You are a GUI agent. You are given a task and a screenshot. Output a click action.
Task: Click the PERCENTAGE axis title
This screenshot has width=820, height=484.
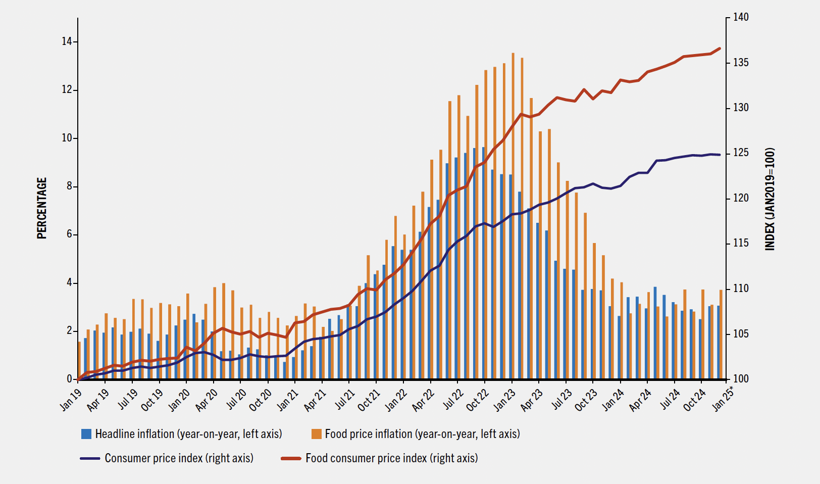tap(41, 208)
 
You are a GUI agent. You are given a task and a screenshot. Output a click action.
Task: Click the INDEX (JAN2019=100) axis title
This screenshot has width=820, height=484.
tap(770, 199)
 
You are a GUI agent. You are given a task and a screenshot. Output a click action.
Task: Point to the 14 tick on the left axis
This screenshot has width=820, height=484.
tap(67, 42)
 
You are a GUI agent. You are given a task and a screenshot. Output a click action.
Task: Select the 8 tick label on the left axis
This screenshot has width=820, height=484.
tap(69, 186)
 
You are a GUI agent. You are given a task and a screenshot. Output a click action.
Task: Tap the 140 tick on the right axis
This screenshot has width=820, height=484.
tap(741, 18)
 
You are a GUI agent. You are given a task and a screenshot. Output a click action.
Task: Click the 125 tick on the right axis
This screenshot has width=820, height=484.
tap(741, 153)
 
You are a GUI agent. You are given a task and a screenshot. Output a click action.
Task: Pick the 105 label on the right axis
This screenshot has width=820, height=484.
tap(741, 334)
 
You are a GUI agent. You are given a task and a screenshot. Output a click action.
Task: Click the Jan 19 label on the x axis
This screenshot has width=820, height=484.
tap(71, 400)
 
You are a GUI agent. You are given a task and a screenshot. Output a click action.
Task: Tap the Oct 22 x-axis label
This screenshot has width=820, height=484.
tap(477, 400)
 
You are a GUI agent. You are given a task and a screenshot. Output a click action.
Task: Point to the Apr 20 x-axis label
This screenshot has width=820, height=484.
tap(206, 400)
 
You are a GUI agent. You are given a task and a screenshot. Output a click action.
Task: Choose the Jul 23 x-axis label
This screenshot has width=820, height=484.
tap(561, 400)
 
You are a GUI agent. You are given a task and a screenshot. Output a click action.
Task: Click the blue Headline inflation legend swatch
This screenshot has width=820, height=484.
tap(86, 434)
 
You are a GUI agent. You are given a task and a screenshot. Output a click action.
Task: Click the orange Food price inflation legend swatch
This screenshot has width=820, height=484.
tap(317, 434)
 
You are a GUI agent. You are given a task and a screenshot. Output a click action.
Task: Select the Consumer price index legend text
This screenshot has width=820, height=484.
tap(179, 458)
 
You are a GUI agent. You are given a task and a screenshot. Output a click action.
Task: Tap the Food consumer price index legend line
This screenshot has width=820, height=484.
tap(291, 458)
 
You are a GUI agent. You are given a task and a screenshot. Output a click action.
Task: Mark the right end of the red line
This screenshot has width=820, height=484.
tap(720, 49)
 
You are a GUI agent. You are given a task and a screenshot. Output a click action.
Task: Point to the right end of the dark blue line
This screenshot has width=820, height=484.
tap(720, 155)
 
